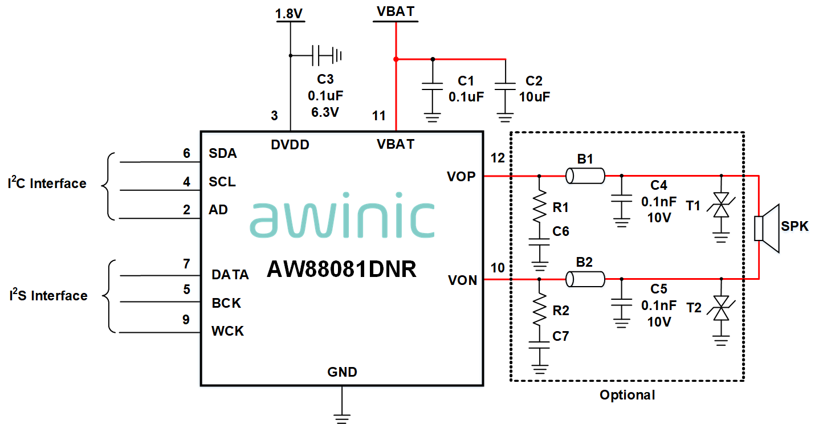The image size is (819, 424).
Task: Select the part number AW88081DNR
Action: pyautogui.click(x=341, y=270)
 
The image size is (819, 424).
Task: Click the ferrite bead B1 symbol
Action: pyautogui.click(x=585, y=176)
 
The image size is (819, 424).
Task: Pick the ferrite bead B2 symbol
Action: pyautogui.click(x=585, y=279)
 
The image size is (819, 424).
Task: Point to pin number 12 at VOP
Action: pyautogui.click(x=498, y=158)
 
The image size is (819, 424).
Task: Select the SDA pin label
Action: pyautogui.click(x=223, y=154)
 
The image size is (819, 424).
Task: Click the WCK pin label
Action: pyautogui.click(x=227, y=331)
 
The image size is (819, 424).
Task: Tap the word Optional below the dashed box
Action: pyautogui.click(x=627, y=395)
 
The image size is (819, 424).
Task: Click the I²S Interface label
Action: pyautogui.click(x=48, y=295)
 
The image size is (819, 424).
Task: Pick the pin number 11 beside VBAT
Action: pyautogui.click(x=379, y=116)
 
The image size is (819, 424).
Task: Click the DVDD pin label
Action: pyautogui.click(x=290, y=145)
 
